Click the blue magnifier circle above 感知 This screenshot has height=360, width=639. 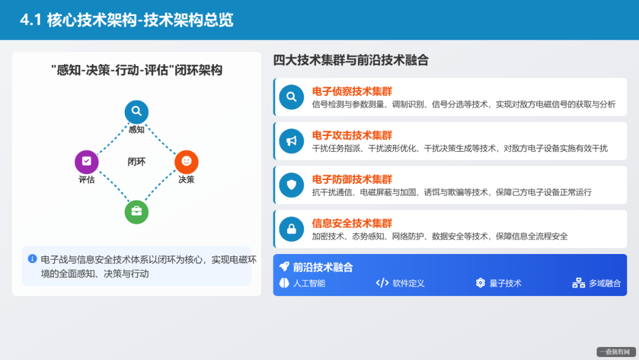(136, 112)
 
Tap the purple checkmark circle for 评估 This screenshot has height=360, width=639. (86, 162)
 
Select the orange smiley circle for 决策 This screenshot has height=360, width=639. (186, 162)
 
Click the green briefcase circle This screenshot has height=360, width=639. (136, 212)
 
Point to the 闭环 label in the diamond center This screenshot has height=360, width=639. (137, 162)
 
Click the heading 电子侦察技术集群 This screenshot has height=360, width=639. (352, 91)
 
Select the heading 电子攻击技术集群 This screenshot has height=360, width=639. (352, 136)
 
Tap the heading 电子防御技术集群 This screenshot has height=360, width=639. (352, 179)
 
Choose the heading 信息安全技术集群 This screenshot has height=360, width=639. (352, 223)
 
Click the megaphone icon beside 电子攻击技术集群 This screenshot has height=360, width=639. (291, 141)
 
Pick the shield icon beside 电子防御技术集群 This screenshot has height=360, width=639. (291, 185)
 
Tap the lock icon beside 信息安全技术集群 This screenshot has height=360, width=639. (291, 229)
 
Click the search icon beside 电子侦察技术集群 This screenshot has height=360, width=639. (291, 97)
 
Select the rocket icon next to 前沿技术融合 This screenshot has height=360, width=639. (285, 267)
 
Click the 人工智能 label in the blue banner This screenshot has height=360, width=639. (309, 283)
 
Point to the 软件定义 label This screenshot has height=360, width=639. (408, 283)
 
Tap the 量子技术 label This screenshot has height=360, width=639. (505, 283)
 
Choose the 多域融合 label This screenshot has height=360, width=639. (605, 283)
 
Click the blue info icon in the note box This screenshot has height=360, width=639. (33, 259)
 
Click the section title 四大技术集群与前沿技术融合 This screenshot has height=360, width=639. (351, 60)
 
